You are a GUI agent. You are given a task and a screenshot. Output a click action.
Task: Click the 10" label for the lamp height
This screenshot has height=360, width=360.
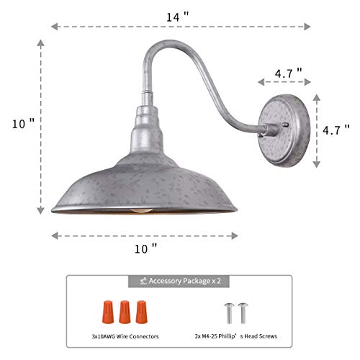pyautogui.click(x=23, y=123)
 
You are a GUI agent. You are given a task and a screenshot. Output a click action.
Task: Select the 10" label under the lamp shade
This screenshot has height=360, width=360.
pyautogui.click(x=145, y=248)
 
